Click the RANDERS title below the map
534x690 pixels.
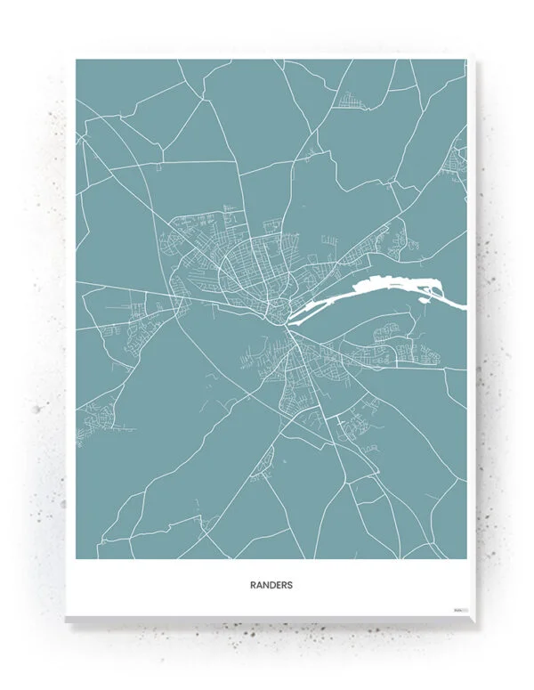tap(271, 586)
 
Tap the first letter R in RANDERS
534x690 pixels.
tap(254, 586)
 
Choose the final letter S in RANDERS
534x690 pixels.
tap(289, 586)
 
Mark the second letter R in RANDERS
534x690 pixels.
tap(284, 586)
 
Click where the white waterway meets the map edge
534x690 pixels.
tap(464, 304)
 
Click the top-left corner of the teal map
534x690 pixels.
tap(77, 61)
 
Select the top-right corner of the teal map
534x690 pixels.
tap(465, 61)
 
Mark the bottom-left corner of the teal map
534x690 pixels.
tap(77, 559)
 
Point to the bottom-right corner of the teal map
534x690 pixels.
tap(465, 559)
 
